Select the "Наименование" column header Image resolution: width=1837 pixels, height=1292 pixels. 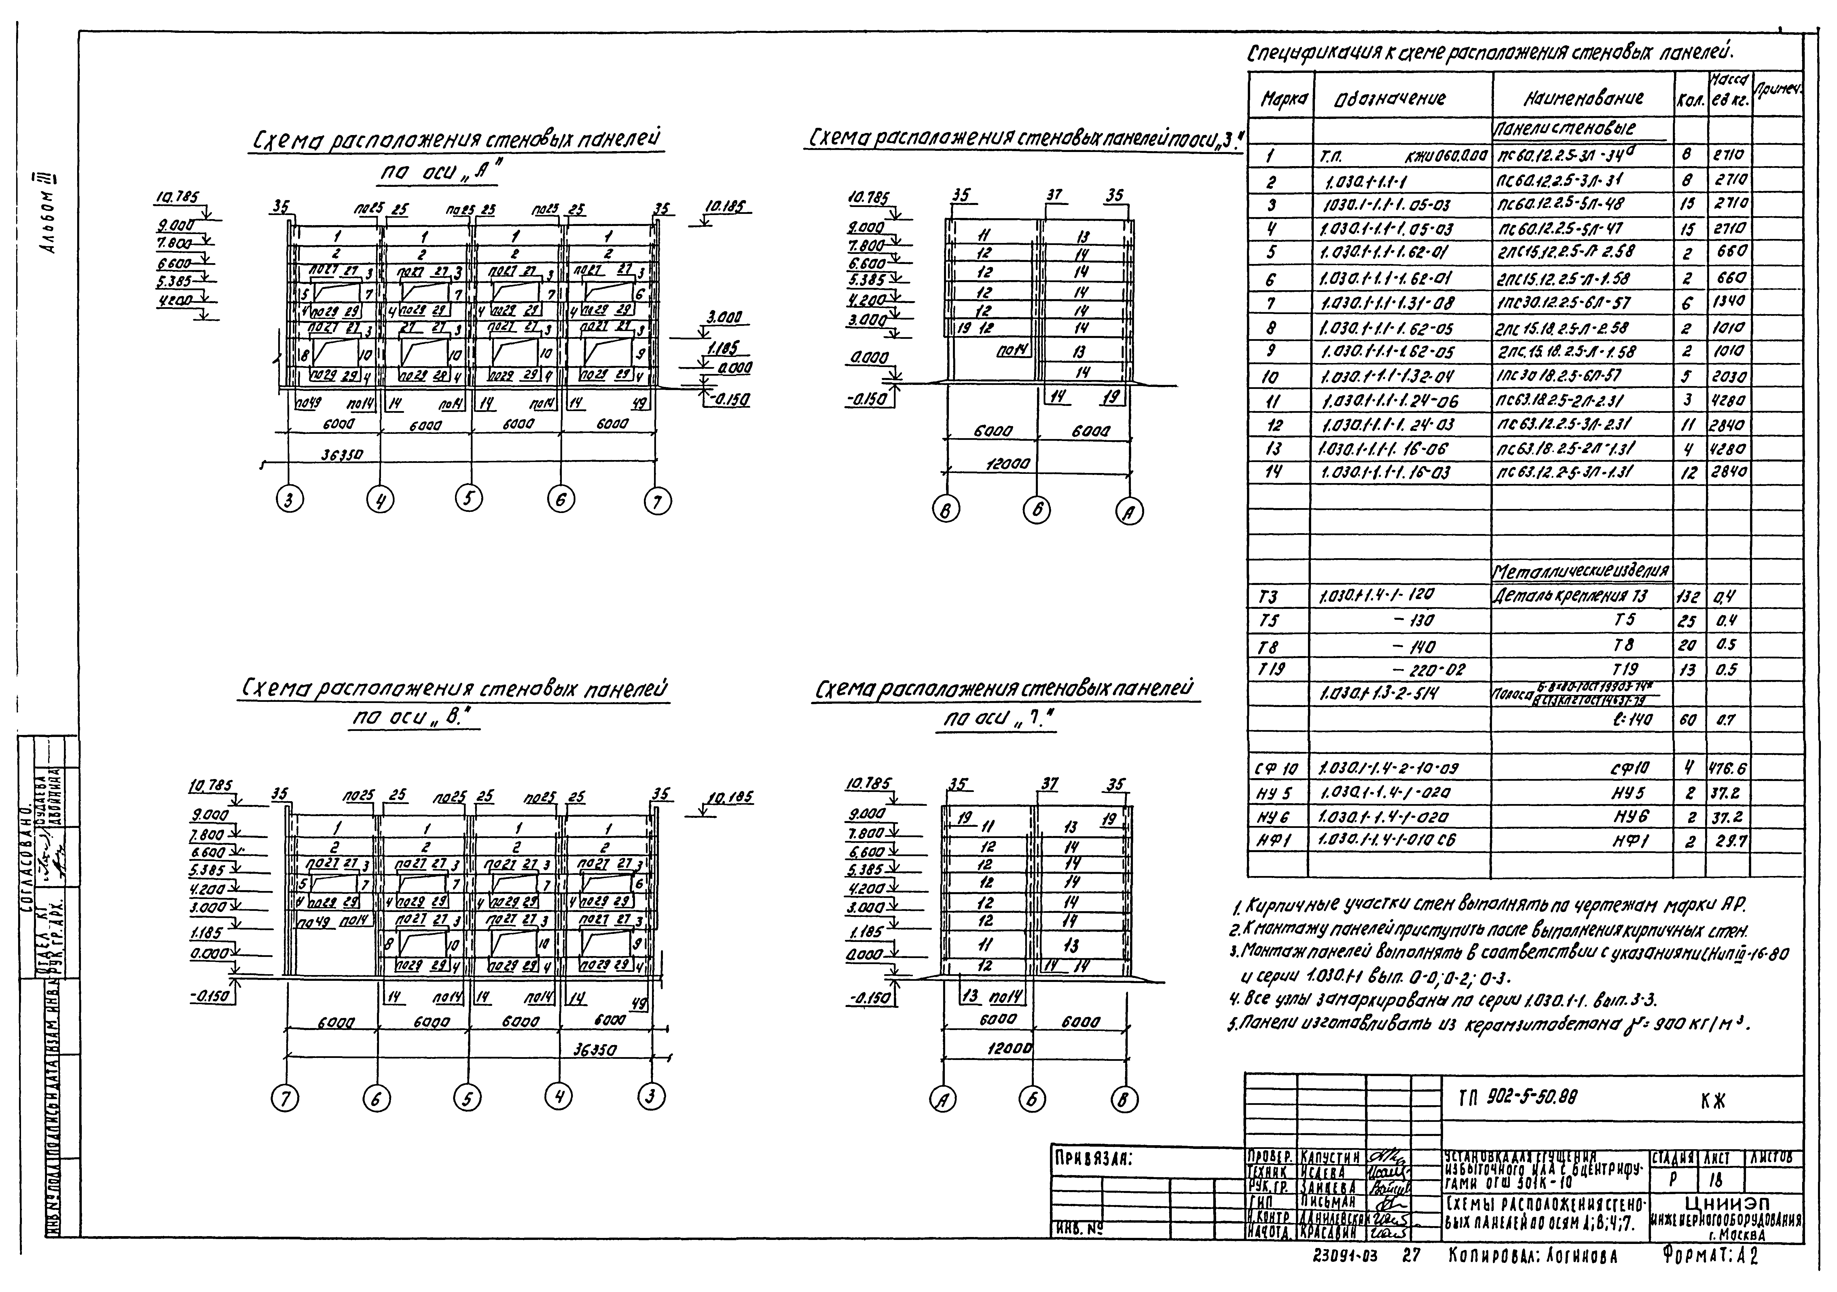click(1583, 99)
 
